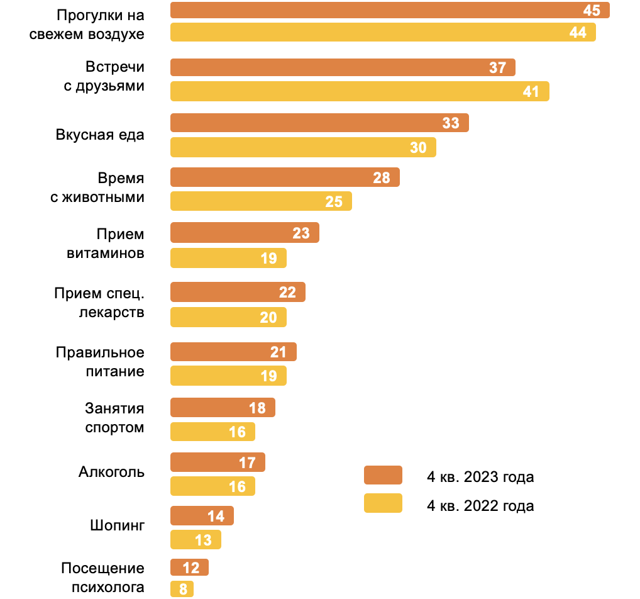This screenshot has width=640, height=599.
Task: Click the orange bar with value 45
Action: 390,10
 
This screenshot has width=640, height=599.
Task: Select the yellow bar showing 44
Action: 383,32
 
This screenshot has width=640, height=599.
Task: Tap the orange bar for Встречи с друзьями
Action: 343,67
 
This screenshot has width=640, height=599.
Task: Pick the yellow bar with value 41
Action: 360,91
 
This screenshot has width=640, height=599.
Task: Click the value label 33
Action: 451,123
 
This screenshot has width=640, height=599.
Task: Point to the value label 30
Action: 418,147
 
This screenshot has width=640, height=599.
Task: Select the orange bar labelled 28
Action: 285,177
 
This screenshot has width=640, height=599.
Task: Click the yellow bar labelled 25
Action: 261,201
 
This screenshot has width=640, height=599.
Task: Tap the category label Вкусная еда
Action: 100,135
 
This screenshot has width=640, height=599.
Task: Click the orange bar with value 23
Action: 245,233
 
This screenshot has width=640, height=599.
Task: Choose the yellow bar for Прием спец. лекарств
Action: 228,317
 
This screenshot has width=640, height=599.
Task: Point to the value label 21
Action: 279,352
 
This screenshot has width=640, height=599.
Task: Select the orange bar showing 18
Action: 223,408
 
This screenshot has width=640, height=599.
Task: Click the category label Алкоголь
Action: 111,472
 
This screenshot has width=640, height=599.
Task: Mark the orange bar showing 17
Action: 218,462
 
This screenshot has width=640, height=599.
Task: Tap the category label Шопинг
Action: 117,525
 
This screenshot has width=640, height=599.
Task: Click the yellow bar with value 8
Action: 182,589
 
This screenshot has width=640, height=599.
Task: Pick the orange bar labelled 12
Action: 189,568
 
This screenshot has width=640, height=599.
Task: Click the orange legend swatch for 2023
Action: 383,475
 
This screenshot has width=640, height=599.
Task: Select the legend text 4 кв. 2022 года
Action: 480,505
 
